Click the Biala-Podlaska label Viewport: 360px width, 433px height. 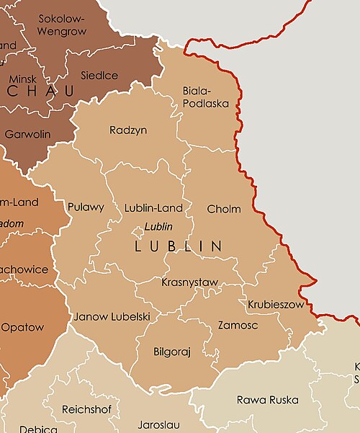(x=206, y=97)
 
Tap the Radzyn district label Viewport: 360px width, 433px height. (x=128, y=130)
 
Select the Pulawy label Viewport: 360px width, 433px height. (x=86, y=207)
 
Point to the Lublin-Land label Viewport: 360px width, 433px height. (x=153, y=208)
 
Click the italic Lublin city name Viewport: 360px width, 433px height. (x=158, y=226)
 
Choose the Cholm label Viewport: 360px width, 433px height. (x=223, y=209)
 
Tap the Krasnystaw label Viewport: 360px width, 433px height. (x=190, y=282)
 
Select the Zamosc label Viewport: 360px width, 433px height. (x=238, y=326)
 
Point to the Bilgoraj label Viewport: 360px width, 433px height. (x=173, y=352)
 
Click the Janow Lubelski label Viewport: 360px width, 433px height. (x=112, y=316)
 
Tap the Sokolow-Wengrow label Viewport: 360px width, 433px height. (x=61, y=25)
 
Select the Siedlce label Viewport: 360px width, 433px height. (x=100, y=74)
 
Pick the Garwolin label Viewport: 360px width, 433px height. (x=28, y=134)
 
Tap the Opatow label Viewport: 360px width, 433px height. (x=22, y=327)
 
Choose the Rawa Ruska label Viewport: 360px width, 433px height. (x=268, y=400)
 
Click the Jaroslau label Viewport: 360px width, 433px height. (x=159, y=425)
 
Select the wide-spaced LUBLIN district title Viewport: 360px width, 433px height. (x=178, y=246)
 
